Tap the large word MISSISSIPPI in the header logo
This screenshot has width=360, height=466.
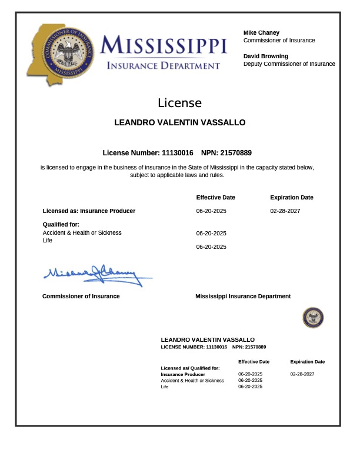[164, 45]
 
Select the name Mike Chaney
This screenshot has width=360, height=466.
[261, 32]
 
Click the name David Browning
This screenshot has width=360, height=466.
[266, 56]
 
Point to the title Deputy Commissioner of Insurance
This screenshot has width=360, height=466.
[289, 64]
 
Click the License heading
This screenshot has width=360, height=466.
[179, 103]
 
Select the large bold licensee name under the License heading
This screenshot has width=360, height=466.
[179, 122]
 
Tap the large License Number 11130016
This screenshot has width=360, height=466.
[148, 152]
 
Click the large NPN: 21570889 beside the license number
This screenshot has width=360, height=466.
[226, 152]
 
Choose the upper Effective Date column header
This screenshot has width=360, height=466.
[215, 198]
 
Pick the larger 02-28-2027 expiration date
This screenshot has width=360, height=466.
[285, 211]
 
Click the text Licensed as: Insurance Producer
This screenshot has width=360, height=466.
[89, 211]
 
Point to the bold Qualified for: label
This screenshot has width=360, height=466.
[61, 224]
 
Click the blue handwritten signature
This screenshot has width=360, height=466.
[94, 275]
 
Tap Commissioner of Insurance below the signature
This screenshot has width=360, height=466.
[81, 297]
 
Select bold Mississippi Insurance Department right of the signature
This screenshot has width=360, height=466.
[243, 297]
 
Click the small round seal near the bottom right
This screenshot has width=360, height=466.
[313, 318]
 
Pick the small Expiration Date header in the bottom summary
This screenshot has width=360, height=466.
[307, 362]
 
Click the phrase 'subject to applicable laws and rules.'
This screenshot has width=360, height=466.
[177, 175]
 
